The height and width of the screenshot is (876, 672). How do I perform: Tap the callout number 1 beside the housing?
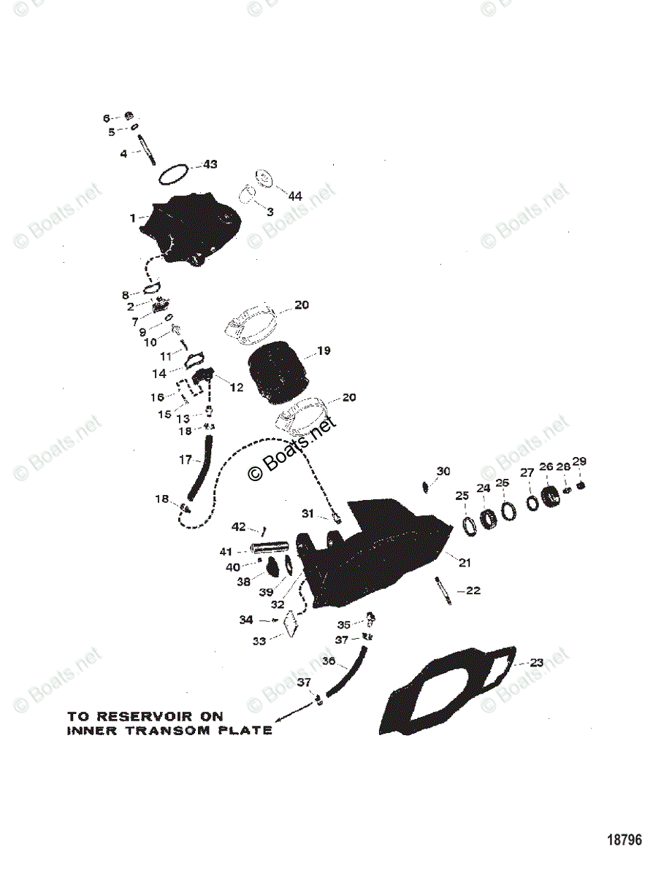(x=133, y=218)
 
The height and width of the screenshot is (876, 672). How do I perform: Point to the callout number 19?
(x=323, y=351)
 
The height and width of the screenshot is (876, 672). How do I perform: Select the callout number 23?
(x=537, y=664)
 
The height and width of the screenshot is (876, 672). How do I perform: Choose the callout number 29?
(x=579, y=461)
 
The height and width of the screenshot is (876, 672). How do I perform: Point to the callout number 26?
(x=546, y=466)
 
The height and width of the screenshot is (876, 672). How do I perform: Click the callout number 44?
(x=295, y=196)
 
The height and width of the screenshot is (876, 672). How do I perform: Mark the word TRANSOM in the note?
(x=180, y=730)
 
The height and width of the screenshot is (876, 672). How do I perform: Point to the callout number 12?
(x=236, y=388)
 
